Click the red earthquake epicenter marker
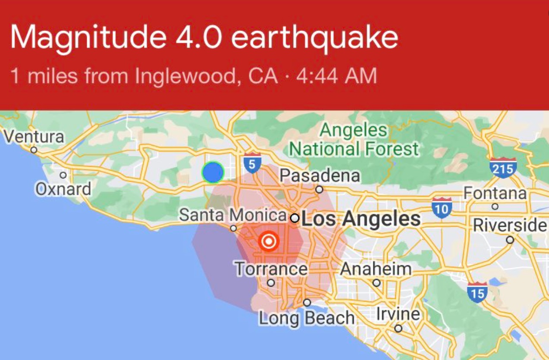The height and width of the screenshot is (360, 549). [x=269, y=241]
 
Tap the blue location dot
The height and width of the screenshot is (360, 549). [x=213, y=172]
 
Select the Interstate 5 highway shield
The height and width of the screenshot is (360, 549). [x=252, y=162]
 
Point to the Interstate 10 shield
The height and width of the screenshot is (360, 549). [x=442, y=207]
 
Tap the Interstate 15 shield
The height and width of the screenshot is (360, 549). [x=477, y=292]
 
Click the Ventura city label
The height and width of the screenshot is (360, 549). [x=34, y=137]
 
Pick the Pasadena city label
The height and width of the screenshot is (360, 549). [x=320, y=175]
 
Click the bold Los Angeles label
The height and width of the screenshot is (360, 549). [x=361, y=219]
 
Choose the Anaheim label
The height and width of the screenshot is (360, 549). [x=376, y=269]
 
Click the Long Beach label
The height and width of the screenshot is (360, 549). [x=307, y=318]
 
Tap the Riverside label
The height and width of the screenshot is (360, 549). [x=510, y=225]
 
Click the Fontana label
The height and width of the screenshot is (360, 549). [x=495, y=193]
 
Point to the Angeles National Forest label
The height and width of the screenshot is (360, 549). [x=354, y=139]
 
